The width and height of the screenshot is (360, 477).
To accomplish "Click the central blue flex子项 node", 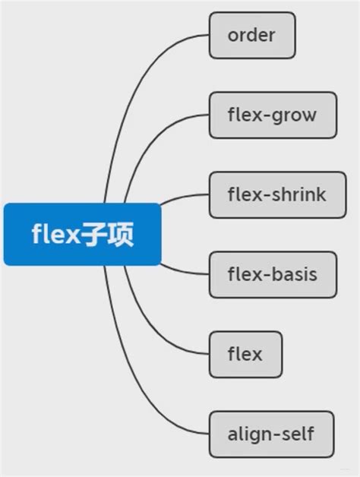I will [82, 234].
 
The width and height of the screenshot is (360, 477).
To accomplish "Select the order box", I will [251, 35].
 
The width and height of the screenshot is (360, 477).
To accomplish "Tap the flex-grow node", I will [272, 115].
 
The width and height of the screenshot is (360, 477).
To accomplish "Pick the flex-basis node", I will [272, 274].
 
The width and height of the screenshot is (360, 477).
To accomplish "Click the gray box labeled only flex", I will [245, 354].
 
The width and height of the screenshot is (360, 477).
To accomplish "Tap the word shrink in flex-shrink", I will [297, 194].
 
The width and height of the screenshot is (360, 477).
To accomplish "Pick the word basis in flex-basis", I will [292, 274].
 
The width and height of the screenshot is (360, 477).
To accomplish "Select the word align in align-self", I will [249, 434].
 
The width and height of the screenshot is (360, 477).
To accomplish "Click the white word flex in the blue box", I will [56, 234].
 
